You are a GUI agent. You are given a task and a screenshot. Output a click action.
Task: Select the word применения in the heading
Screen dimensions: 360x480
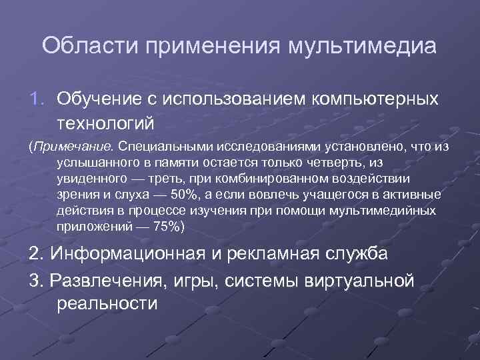tap(218, 47)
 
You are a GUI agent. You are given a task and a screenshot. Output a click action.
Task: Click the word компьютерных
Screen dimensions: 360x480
tap(375, 99)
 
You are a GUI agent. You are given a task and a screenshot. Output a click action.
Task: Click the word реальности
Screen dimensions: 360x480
tap(107, 305)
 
